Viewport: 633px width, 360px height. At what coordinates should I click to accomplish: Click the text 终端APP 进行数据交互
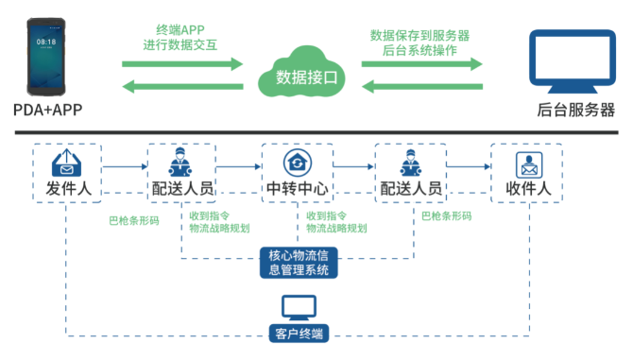[x=180, y=38]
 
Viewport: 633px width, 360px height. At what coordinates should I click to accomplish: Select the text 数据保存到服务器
[x=420, y=35]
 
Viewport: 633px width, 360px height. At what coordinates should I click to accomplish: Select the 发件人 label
[x=68, y=189]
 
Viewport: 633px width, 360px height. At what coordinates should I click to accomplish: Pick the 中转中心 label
[x=297, y=189]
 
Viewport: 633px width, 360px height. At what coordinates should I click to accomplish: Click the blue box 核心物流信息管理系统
[x=299, y=263]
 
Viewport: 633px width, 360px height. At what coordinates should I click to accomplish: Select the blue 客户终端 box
[x=299, y=332]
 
